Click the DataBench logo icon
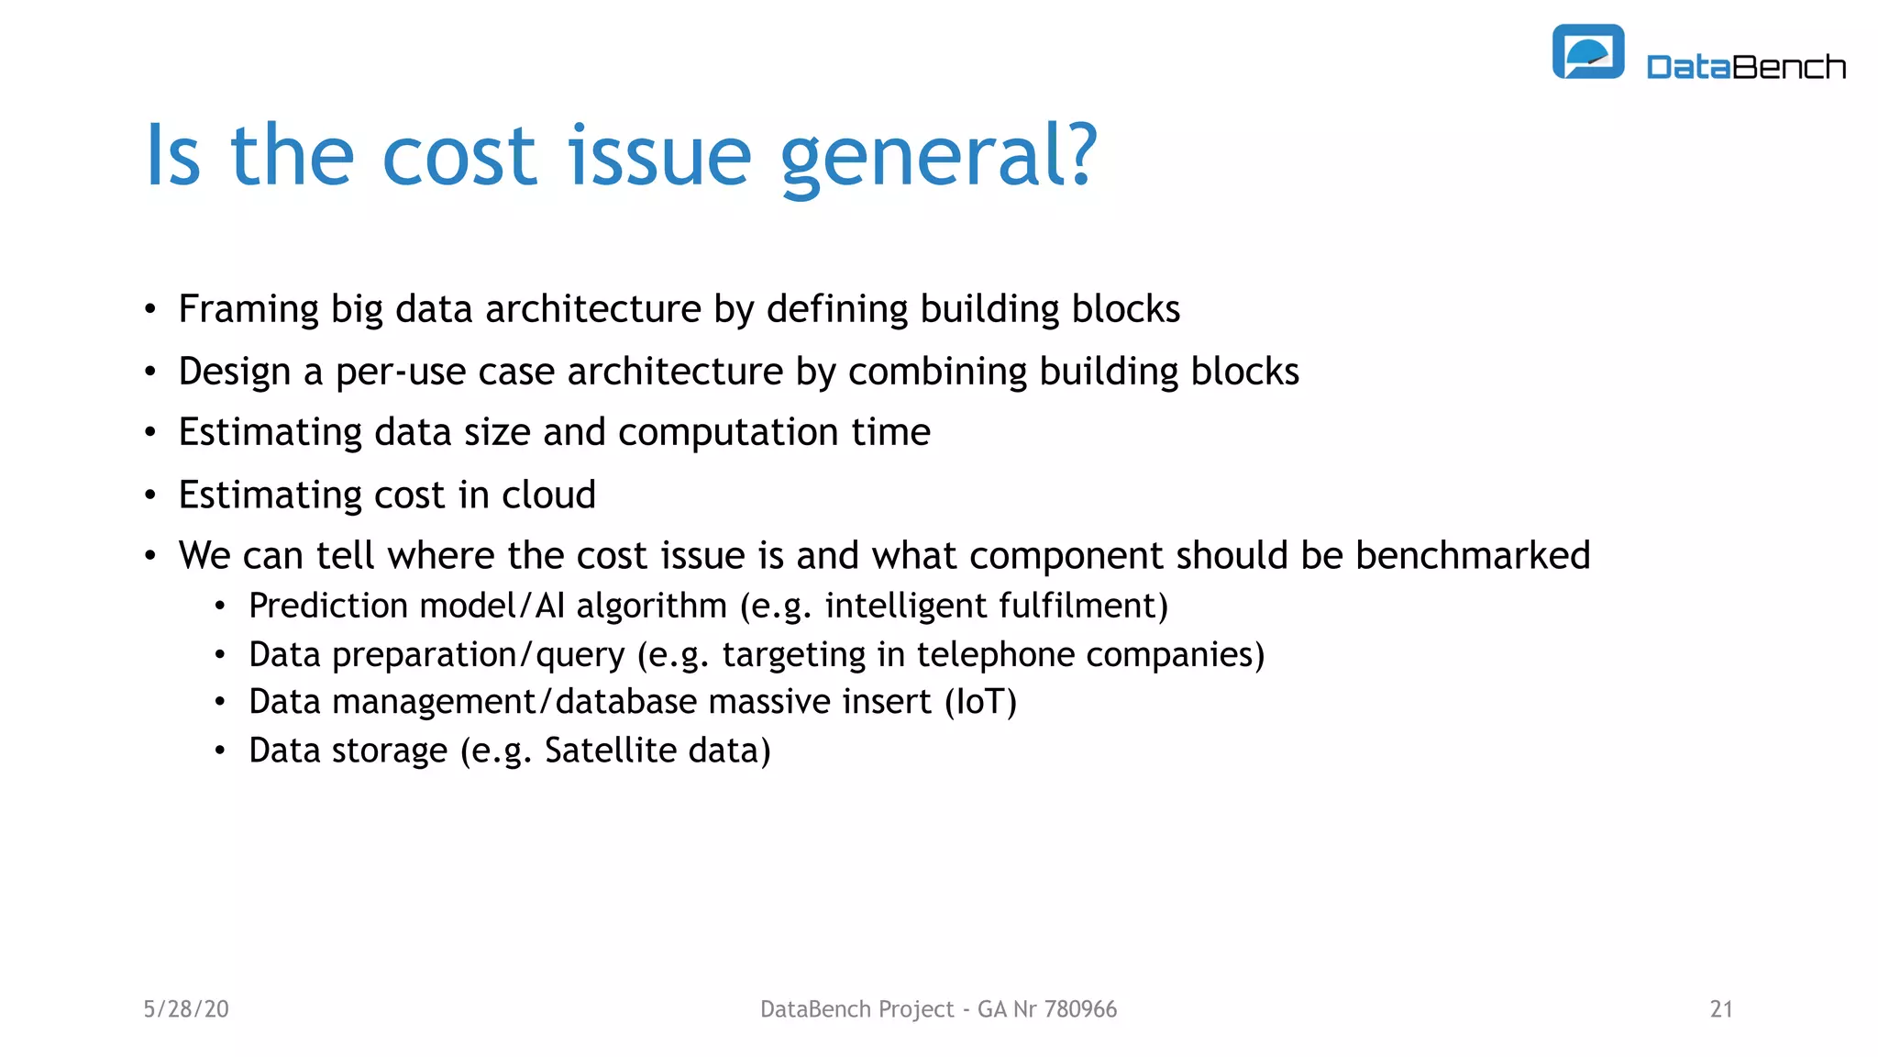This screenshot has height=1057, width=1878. (x=1587, y=51)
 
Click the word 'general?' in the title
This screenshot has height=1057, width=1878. (x=938, y=156)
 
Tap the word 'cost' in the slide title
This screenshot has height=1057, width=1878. (x=458, y=156)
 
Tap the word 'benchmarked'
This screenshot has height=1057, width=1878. (x=1473, y=555)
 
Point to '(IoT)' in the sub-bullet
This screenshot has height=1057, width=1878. (x=980, y=702)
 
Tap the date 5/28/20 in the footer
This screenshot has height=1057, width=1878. (x=186, y=1009)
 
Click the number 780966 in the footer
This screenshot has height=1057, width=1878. (x=1080, y=1009)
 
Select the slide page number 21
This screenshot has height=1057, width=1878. (x=1721, y=1009)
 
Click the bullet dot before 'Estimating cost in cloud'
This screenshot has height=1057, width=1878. (x=150, y=495)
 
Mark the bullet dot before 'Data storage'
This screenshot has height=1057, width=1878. (x=220, y=751)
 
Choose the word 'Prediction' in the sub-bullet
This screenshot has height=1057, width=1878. (x=328, y=606)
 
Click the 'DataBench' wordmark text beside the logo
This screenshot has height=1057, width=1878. (x=1746, y=67)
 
